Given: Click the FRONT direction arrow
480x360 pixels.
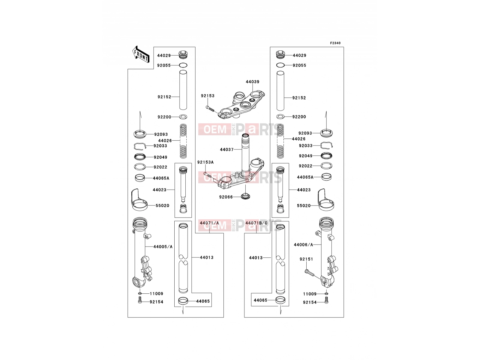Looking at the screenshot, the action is pos(141,55).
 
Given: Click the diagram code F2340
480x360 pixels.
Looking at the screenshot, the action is pos(335,43).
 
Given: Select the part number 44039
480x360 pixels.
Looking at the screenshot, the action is pos(252,82).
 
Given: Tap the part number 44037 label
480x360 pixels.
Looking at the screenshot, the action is pos(226,149).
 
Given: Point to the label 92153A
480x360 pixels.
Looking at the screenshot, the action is pos(205,162).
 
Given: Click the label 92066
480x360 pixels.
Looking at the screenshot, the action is pos(226,197).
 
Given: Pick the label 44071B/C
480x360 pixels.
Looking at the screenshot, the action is pos(256,223).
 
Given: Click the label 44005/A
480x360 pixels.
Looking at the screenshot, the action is pos(163,247).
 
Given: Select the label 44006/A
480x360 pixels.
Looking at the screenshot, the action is pos(303,244).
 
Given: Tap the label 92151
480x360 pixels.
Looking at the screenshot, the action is pos(306,259).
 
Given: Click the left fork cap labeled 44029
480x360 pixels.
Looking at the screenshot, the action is pos(183,55).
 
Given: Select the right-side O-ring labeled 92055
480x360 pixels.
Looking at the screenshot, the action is pos(280,65).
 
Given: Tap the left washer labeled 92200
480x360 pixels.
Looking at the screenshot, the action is pos(183,117).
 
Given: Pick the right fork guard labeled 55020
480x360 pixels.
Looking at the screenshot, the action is pos(325,200).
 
